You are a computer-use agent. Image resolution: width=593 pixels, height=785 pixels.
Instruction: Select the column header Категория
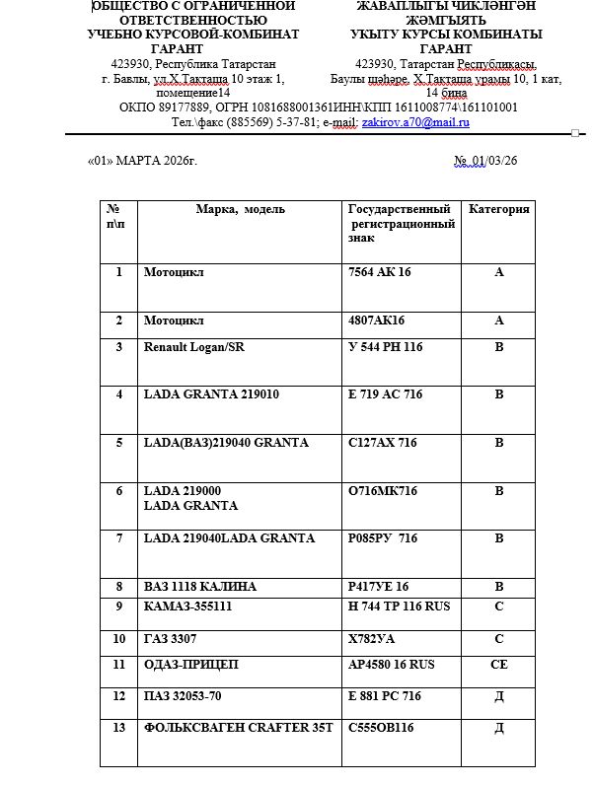coord(498,209)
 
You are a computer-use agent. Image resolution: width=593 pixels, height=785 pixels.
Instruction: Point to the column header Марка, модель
coord(241,209)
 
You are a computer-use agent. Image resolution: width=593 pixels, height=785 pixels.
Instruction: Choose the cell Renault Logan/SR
coord(194,347)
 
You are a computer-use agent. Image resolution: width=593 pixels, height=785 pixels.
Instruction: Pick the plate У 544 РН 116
coord(385,347)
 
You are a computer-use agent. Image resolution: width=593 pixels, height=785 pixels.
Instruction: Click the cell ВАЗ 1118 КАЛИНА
coord(200,587)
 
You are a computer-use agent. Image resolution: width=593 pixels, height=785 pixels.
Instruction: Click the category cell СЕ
coord(498,665)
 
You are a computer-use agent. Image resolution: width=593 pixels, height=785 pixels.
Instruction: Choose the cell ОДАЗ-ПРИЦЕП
coord(191,665)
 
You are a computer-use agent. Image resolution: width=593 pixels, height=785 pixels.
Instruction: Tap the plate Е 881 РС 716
coord(384,696)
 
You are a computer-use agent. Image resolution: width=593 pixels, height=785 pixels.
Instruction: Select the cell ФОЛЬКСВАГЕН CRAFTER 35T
coord(239,728)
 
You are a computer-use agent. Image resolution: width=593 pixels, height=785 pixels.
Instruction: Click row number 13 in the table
coord(118,728)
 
